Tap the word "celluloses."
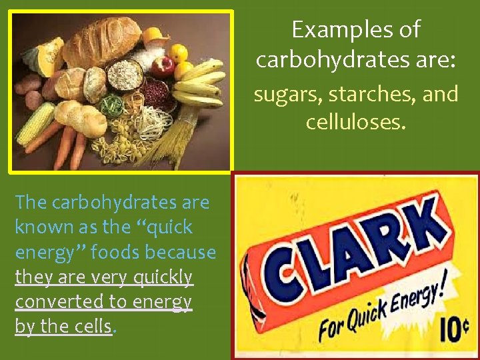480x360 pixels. click(x=355, y=123)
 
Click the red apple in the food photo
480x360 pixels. click(x=162, y=66)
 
